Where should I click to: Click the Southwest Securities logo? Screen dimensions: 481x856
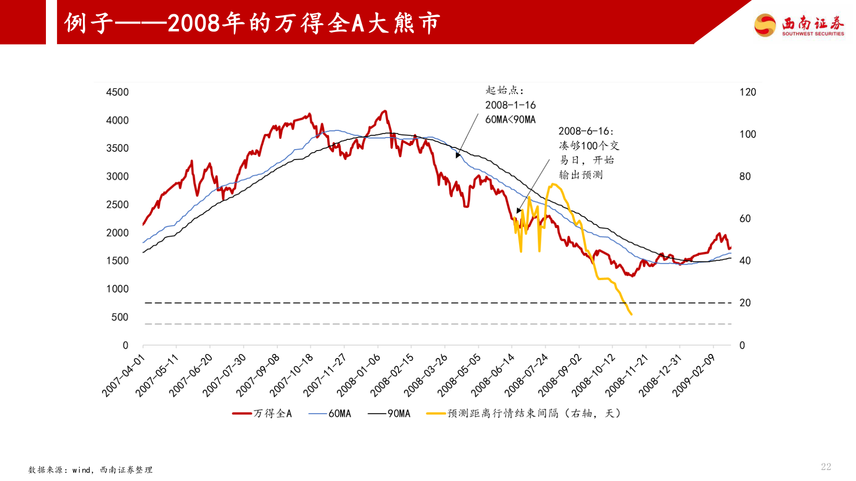[799, 25]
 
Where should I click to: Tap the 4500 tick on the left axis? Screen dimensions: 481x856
[117, 92]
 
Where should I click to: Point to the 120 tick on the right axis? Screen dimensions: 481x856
[748, 92]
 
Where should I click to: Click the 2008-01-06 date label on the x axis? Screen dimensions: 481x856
[359, 375]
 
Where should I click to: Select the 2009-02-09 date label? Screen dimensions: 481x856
[694, 375]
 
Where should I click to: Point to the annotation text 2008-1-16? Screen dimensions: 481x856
[510, 105]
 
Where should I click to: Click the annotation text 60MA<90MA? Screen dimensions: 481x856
[510, 120]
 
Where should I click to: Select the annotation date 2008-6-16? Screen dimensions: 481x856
[585, 131]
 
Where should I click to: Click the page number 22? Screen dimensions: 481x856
[826, 467]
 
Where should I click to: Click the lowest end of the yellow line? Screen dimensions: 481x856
[631, 314]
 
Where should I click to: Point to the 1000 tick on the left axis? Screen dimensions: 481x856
[117, 289]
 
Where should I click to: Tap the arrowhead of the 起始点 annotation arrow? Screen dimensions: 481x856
[457, 156]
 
